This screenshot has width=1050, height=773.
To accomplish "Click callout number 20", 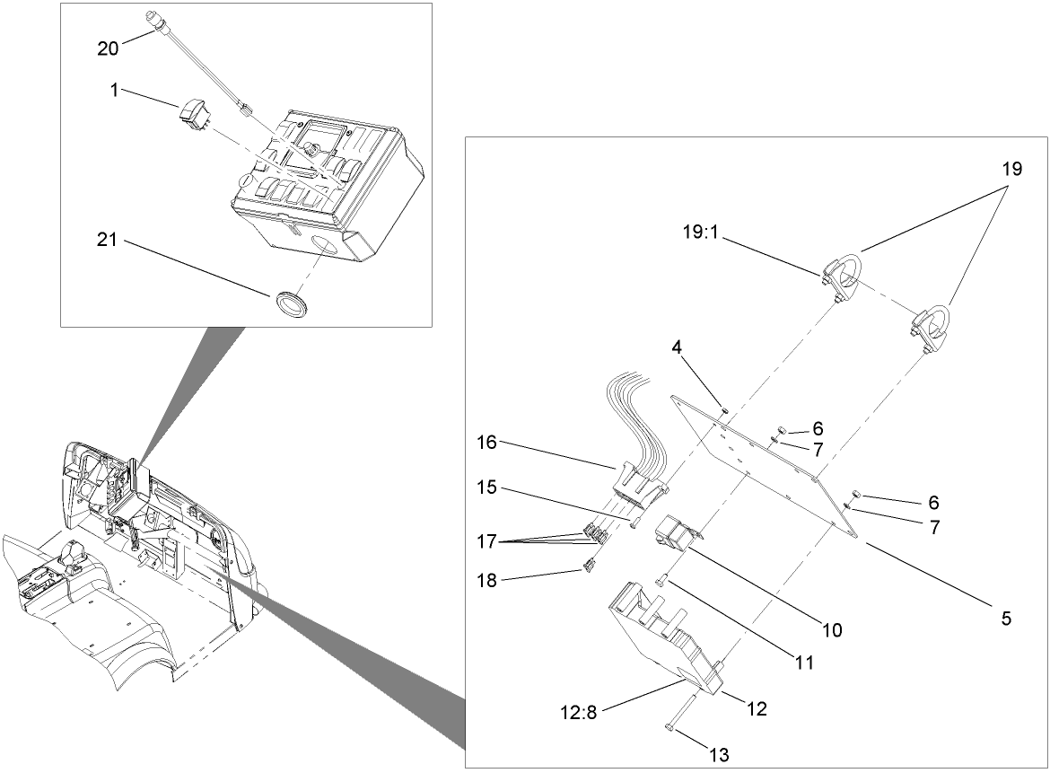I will pyautogui.click(x=108, y=48).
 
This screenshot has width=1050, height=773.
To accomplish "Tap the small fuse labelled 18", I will pyautogui.click(x=590, y=566).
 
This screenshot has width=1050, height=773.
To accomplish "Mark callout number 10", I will pyautogui.click(x=832, y=630).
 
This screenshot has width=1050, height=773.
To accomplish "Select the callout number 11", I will pyautogui.click(x=803, y=663).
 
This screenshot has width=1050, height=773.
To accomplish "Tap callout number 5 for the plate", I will pyautogui.click(x=1007, y=619).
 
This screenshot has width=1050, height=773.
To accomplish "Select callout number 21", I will pyautogui.click(x=108, y=241).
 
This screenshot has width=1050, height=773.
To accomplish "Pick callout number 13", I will pyautogui.click(x=720, y=755).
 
